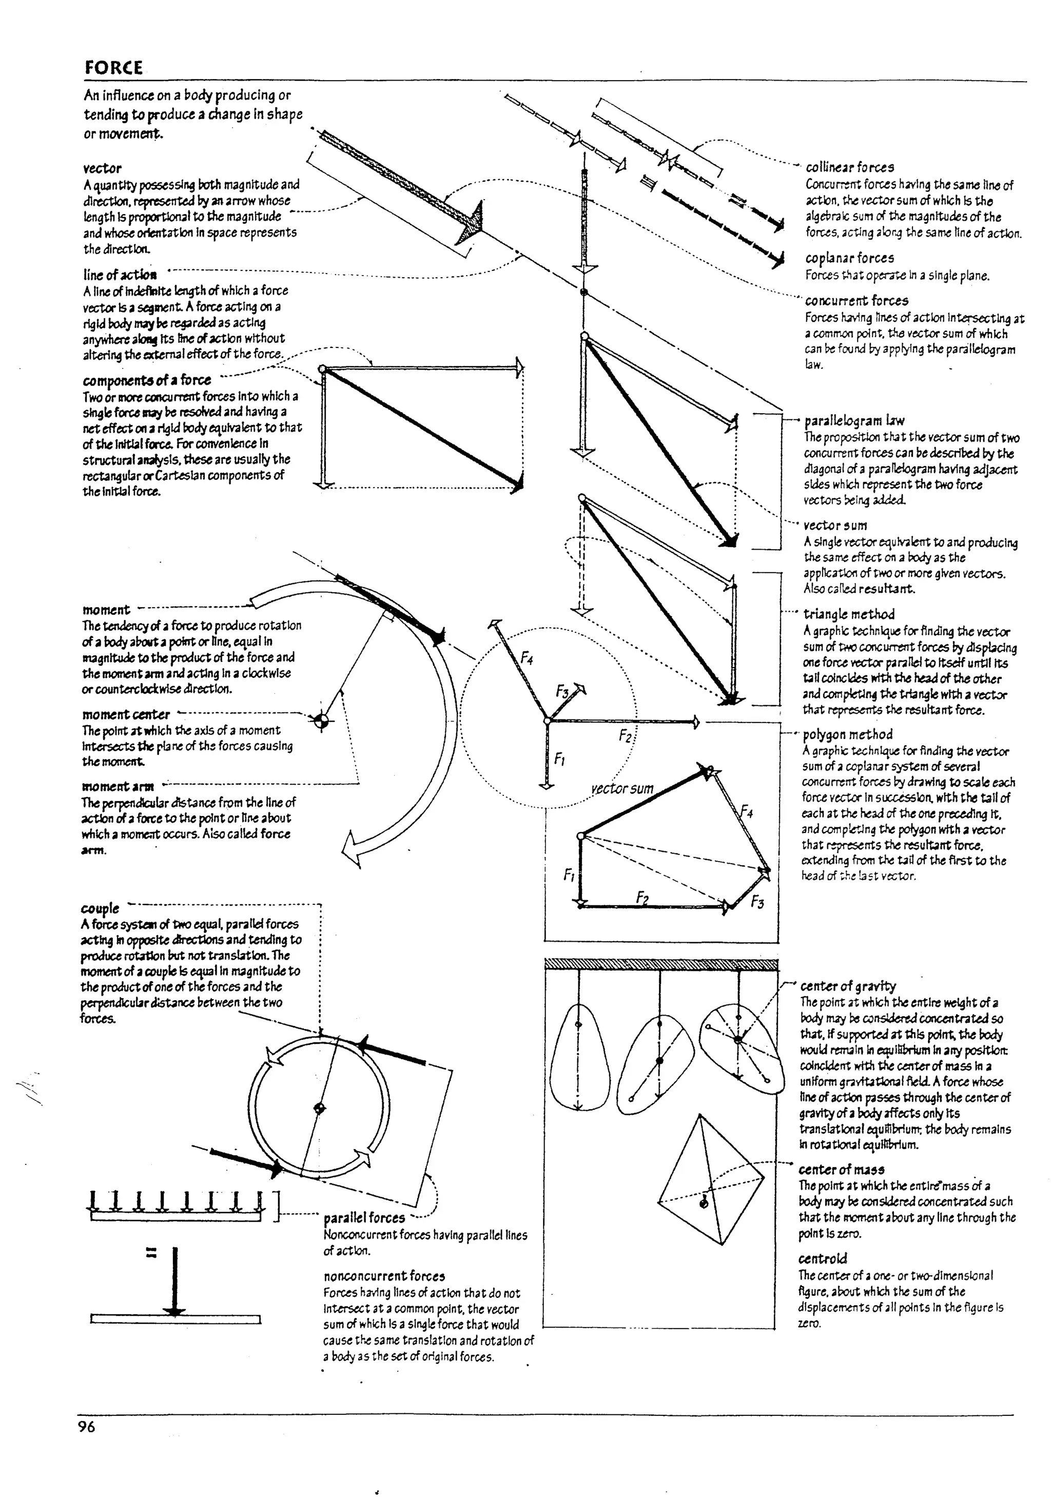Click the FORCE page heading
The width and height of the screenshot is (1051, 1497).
coord(113,68)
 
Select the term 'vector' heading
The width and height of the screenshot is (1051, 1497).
coord(102,168)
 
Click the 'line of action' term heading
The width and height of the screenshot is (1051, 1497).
coord(120,275)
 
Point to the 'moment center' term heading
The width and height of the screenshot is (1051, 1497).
coord(126,714)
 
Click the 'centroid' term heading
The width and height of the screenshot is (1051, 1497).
coord(823,1258)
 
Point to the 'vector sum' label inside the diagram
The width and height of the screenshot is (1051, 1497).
coord(622,788)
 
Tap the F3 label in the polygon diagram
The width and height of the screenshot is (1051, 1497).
coord(757,902)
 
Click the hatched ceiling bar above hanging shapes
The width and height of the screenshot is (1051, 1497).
coord(660,965)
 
